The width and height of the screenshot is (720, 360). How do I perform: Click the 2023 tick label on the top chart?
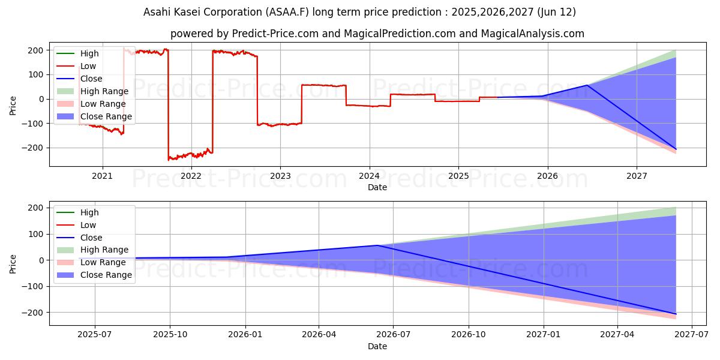coord(280,176)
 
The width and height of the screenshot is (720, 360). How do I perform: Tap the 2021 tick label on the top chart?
coord(102,176)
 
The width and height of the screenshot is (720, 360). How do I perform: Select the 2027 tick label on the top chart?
coord(637,176)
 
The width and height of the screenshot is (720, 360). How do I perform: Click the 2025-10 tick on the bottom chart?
coord(170,335)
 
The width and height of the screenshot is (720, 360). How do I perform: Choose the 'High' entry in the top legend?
coord(89,53)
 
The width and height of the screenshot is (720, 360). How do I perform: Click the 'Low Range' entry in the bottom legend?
coord(104,262)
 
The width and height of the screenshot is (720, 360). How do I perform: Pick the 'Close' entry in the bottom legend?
coord(91,238)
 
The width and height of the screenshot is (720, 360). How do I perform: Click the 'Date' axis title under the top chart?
coord(377,187)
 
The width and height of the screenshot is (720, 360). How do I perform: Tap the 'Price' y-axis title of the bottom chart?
coord(13,263)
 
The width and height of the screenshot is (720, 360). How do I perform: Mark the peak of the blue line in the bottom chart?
coord(377,245)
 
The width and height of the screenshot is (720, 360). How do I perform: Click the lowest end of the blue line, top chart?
coord(676,149)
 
